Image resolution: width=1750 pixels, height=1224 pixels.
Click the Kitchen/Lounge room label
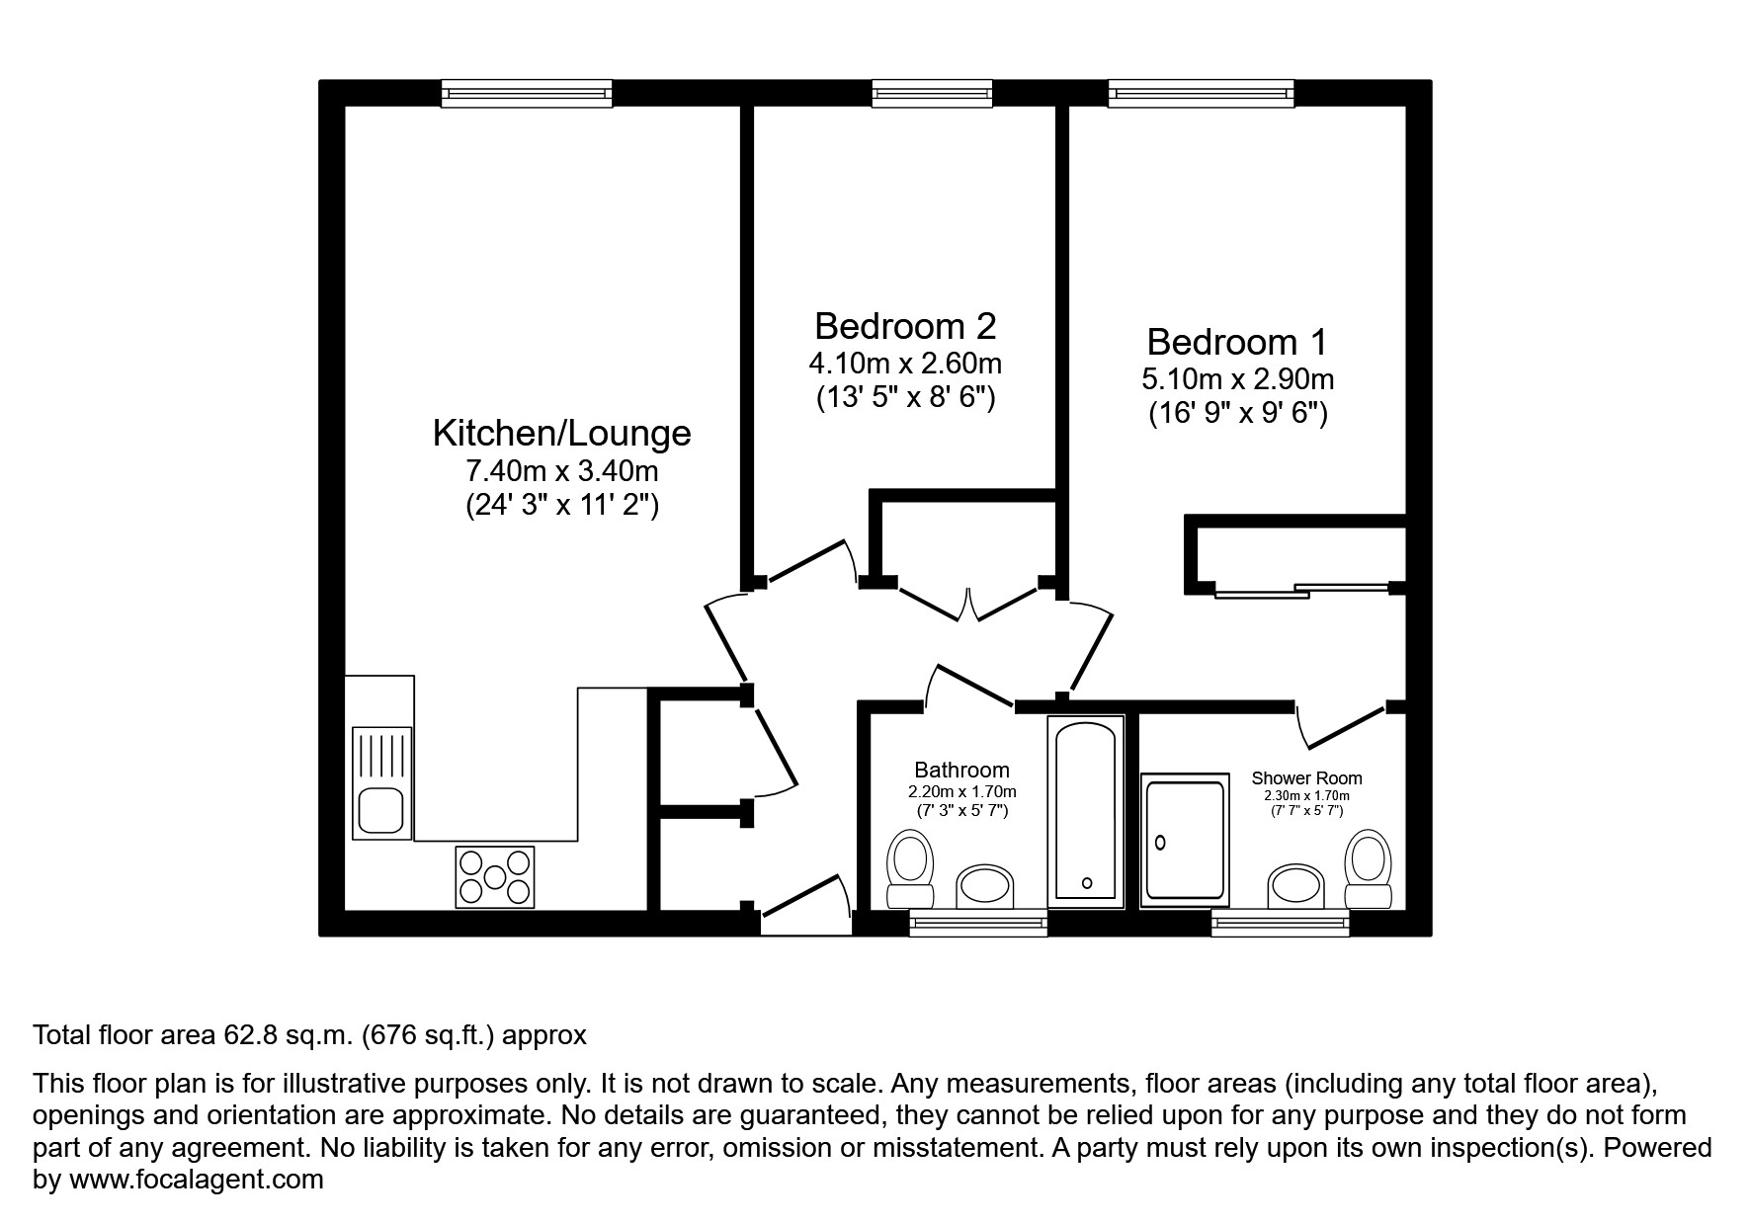[x=561, y=433]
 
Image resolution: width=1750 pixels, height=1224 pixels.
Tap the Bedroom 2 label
[x=904, y=325]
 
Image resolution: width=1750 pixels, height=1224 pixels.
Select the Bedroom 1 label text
[x=1236, y=342]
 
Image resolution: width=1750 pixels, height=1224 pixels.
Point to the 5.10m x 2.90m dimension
[x=1237, y=378]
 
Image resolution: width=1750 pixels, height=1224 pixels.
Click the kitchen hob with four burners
[x=494, y=876]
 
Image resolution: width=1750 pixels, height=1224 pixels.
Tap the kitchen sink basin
[x=379, y=811]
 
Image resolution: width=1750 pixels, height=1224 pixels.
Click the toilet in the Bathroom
[x=910, y=865]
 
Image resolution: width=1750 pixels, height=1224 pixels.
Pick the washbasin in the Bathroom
[x=986, y=885]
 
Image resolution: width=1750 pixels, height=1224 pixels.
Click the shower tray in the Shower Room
[x=1184, y=841]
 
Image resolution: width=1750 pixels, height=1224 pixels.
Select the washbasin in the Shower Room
[x=1295, y=885]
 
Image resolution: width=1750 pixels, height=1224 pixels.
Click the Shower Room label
[x=1305, y=778]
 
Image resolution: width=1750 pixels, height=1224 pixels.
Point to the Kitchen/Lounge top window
[x=527, y=94]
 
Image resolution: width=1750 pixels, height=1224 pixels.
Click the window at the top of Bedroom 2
[x=932, y=94]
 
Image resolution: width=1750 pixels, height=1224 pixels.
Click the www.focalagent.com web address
[x=195, y=1180]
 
